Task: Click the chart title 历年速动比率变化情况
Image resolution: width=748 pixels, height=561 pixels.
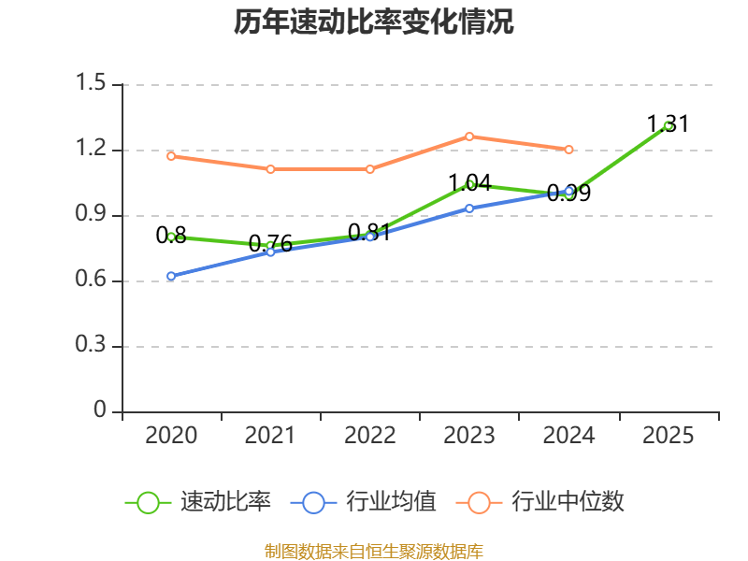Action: pyautogui.click(x=373, y=22)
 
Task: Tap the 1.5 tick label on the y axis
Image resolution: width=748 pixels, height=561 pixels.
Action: pyautogui.click(x=91, y=82)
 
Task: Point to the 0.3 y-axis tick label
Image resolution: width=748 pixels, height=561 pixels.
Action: pyautogui.click(x=91, y=344)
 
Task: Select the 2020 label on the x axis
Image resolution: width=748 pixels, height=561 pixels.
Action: pyautogui.click(x=171, y=435)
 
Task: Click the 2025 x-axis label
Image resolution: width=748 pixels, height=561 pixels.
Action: pyautogui.click(x=668, y=435)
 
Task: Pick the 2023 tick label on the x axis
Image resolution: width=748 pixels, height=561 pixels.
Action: pyautogui.click(x=469, y=435)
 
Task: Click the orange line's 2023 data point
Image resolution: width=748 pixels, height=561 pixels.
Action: pyautogui.click(x=469, y=137)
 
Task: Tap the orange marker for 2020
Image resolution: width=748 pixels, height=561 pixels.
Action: pyautogui.click(x=171, y=156)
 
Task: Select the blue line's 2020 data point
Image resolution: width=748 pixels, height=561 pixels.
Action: pyautogui.click(x=171, y=276)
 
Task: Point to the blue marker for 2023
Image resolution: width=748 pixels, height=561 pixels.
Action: pyautogui.click(x=469, y=209)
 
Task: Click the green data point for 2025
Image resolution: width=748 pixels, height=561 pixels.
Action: pyautogui.click(x=668, y=126)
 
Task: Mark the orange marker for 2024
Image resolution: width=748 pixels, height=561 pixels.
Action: pyautogui.click(x=568, y=150)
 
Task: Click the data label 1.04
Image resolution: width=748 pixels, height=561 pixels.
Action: pyautogui.click(x=470, y=183)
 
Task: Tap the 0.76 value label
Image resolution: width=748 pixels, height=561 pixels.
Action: pyautogui.click(x=270, y=244)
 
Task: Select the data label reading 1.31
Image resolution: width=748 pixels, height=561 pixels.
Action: pyautogui.click(x=668, y=124)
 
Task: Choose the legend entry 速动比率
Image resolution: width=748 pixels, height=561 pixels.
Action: pyautogui.click(x=197, y=502)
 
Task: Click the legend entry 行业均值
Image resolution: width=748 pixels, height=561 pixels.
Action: pyautogui.click(x=363, y=502)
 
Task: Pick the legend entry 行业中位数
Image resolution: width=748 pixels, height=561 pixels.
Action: pyautogui.click(x=540, y=502)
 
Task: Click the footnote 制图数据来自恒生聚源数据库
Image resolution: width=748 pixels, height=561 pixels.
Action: pyautogui.click(x=373, y=552)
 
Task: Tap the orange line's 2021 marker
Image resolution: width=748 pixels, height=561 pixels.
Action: pyautogui.click(x=270, y=169)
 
